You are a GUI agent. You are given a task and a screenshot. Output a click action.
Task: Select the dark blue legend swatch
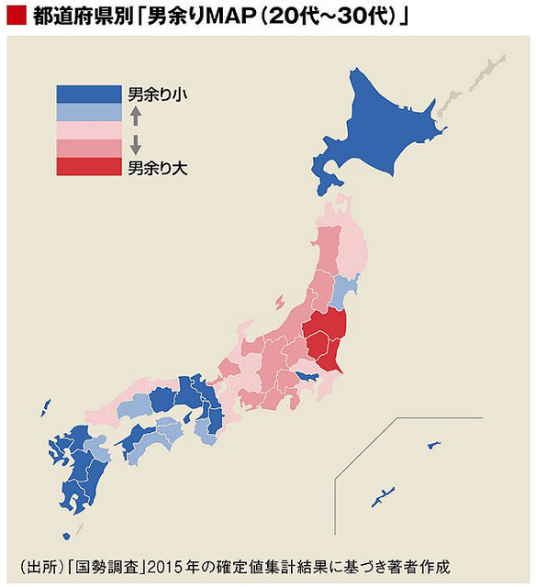pos(88,94)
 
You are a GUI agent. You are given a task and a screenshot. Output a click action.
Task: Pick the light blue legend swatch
pos(88,112)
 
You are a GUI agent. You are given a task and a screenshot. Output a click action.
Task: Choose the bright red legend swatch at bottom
pos(88,166)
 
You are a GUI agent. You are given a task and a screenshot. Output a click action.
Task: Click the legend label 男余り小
pos(158,94)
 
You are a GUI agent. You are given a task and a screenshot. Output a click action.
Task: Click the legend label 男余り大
pos(158,167)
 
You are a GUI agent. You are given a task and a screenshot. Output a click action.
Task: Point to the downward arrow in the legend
pos(135,144)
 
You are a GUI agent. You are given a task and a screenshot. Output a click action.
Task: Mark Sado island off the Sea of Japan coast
pos(279,302)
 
